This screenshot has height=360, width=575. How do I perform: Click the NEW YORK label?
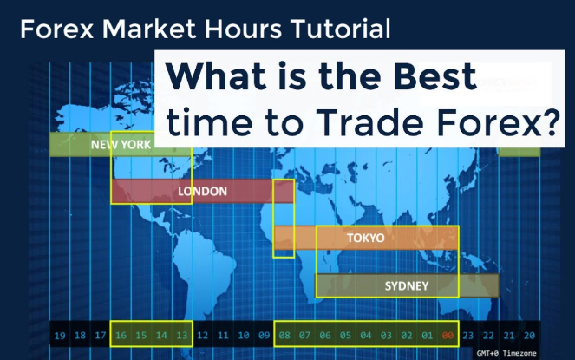tap(121, 145)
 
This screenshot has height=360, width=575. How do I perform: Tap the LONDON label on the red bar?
tap(202, 192)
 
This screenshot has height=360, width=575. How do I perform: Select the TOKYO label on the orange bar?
tap(365, 238)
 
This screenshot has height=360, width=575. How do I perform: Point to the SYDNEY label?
tap(408, 285)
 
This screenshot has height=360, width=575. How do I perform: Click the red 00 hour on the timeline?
tap(448, 335)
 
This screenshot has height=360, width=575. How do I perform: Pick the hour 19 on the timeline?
tap(60, 335)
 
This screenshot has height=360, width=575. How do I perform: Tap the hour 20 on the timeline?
tap(529, 335)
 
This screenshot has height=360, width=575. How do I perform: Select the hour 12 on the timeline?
tap(202, 335)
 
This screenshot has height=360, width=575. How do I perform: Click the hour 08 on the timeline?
tap(284, 335)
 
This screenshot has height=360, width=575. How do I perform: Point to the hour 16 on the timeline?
tap(121, 335)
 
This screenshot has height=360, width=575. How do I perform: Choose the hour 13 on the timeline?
tap(181, 335)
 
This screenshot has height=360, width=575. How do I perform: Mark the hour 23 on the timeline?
tap(468, 335)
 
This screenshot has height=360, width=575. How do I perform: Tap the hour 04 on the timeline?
tap(366, 335)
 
